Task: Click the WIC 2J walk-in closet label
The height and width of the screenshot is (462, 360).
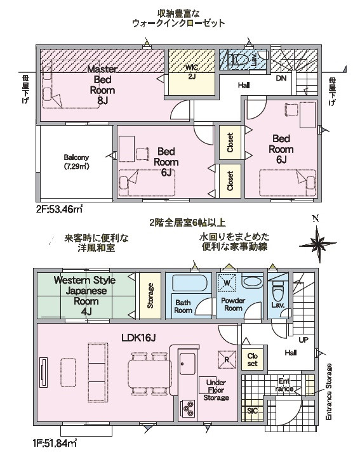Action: click(192, 72)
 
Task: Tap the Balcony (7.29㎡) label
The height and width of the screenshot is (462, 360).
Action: click(76, 162)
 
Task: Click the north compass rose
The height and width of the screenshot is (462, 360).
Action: click(317, 244)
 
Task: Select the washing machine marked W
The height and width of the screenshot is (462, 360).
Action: click(227, 283)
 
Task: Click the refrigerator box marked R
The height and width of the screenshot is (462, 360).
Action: click(227, 359)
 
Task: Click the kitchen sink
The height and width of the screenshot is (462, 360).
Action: click(187, 364)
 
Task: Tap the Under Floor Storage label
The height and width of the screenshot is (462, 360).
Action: click(216, 390)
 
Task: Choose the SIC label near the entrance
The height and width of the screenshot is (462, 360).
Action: click(253, 411)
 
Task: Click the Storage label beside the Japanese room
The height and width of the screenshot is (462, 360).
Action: click(150, 296)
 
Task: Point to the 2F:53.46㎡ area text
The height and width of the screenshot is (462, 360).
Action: click(59, 210)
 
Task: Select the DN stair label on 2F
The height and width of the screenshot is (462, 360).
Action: click(281, 79)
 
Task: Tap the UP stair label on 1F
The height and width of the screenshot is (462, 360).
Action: click(303, 340)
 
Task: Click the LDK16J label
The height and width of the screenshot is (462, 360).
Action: click(138, 338)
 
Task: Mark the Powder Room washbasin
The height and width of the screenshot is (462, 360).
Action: click(253, 281)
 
